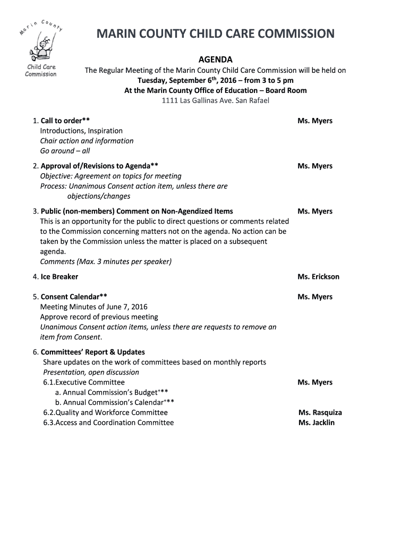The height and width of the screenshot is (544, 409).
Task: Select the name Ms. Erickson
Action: (318, 277)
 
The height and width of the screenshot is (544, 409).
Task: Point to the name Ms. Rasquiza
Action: (320, 413)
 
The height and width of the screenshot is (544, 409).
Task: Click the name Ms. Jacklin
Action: (317, 423)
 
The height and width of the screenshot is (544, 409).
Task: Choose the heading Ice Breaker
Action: (59, 277)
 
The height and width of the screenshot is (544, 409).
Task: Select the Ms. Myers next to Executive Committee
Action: (315, 382)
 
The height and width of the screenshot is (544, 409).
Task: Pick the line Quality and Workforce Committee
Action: (106, 413)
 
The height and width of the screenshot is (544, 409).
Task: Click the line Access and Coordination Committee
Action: (109, 423)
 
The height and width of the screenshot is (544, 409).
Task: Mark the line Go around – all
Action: (65, 151)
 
